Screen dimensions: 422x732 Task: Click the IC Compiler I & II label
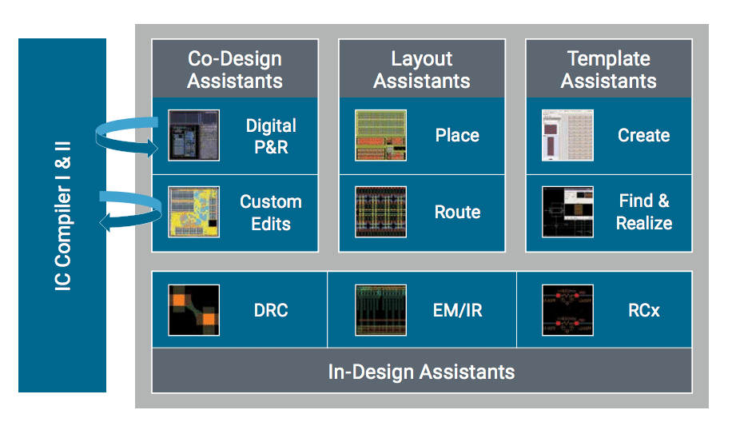[x=62, y=215]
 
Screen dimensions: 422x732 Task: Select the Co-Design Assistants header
[x=235, y=70]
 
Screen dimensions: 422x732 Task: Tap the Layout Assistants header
[x=422, y=70]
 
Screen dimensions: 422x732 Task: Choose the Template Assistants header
[x=609, y=70]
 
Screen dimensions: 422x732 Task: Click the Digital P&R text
[x=271, y=136]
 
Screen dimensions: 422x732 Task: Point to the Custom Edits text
[x=271, y=213]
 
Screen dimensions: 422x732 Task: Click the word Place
[x=457, y=136]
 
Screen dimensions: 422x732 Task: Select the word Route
[x=457, y=213]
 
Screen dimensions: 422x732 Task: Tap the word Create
[x=643, y=136]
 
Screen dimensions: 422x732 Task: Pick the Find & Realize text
[x=643, y=213]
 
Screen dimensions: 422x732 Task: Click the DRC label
[x=270, y=310]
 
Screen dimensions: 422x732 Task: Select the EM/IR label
[x=457, y=310]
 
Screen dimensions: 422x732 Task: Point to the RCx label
[x=643, y=310]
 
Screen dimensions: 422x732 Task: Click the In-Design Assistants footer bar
[x=421, y=372]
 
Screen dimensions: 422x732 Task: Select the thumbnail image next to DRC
[x=193, y=310]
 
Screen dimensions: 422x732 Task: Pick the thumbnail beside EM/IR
[x=381, y=310]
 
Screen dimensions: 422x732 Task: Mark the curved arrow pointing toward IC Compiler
[x=128, y=211]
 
